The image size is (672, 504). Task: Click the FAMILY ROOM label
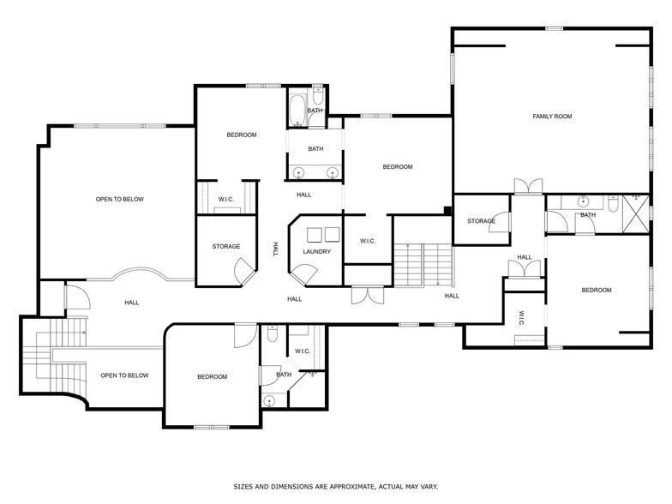pyautogui.click(x=551, y=116)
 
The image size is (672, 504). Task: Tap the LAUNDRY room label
pyautogui.click(x=316, y=251)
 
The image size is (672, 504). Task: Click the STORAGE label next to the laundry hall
pyautogui.click(x=226, y=247)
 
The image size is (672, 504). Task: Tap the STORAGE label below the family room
pyautogui.click(x=481, y=221)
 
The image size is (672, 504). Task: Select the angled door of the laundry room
pyautogui.click(x=303, y=274)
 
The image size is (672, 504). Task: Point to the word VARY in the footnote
pyautogui.click(x=429, y=486)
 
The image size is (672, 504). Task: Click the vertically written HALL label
pyautogui.click(x=275, y=249)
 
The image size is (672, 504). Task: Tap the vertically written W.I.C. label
pyautogui.click(x=521, y=318)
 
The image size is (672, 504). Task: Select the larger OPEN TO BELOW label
pyautogui.click(x=119, y=199)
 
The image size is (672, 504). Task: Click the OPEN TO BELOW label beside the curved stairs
pyautogui.click(x=124, y=375)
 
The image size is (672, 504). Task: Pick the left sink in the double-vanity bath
pyautogui.click(x=298, y=173)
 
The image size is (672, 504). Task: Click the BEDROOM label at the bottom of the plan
pyautogui.click(x=212, y=377)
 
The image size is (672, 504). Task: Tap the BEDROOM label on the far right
pyautogui.click(x=597, y=290)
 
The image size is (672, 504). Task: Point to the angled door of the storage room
pyautogui.click(x=243, y=273)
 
